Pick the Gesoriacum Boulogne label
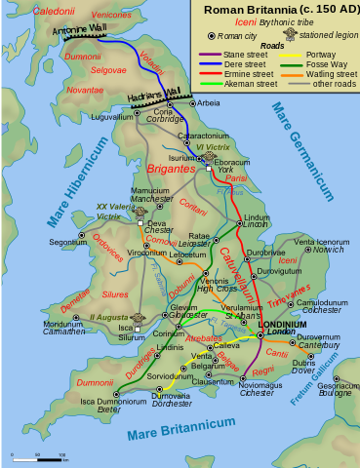[x=337, y=389]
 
